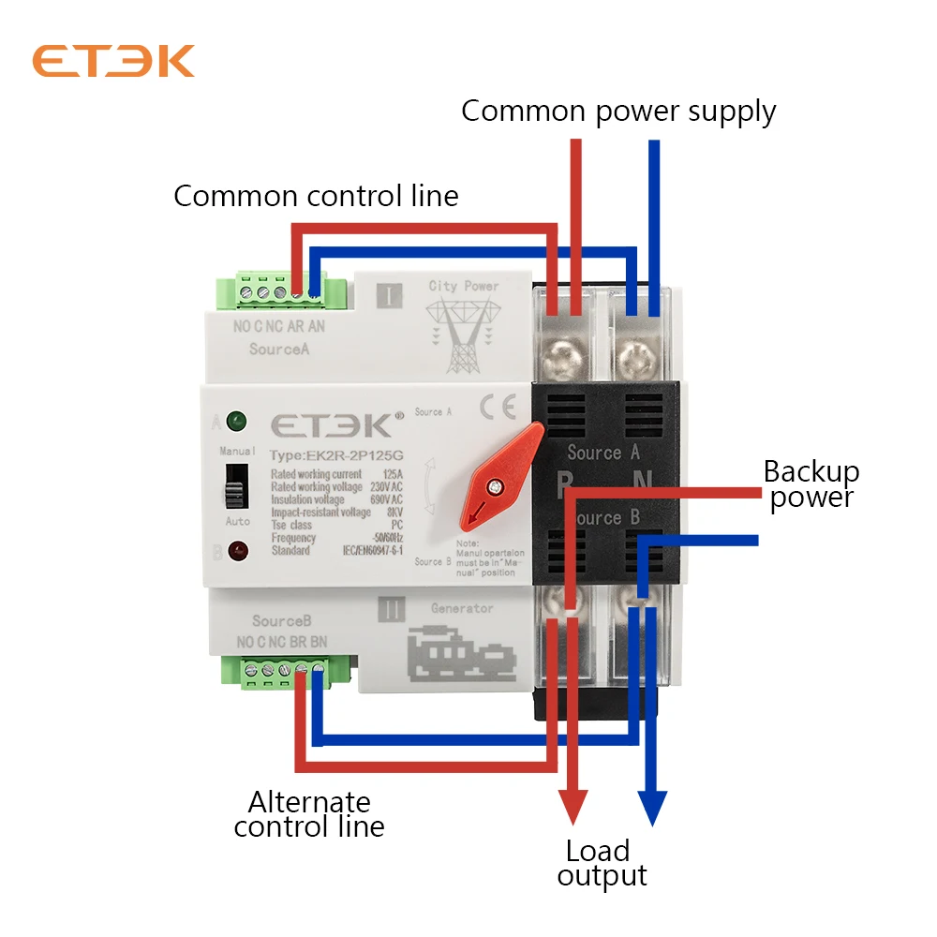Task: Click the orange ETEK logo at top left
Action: point(113,61)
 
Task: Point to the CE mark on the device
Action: point(493,409)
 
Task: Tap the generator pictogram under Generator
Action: point(463,654)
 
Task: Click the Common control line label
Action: point(316,196)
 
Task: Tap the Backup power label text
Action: point(811,483)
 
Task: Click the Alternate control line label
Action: point(309,814)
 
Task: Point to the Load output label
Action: point(601,863)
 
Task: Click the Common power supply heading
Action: point(618,111)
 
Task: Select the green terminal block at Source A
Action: point(282,291)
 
